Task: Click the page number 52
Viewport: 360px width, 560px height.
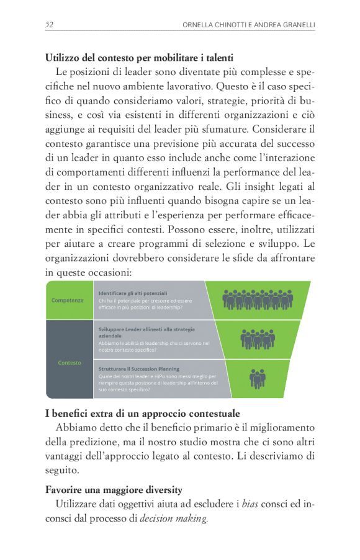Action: [x=49, y=25]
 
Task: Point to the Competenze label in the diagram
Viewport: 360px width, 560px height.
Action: [x=68, y=300]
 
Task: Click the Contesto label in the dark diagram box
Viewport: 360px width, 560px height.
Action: [x=69, y=363]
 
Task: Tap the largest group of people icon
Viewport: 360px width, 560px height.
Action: [x=258, y=300]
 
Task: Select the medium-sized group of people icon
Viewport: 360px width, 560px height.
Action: [x=257, y=339]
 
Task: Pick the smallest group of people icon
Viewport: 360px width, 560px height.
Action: [x=257, y=378]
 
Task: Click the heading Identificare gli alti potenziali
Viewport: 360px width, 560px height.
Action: [x=132, y=293]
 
